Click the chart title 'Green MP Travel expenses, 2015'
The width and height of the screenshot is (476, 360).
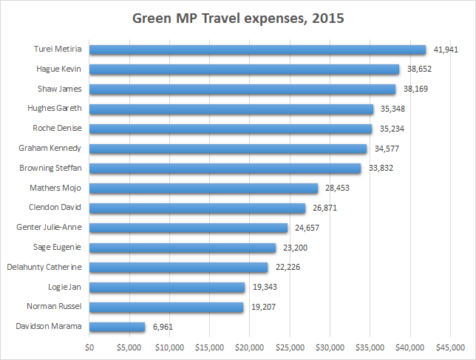(237, 18)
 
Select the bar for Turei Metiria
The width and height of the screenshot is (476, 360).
(258, 50)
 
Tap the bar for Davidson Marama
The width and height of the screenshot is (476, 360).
(118, 326)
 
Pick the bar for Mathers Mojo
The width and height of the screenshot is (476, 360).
(203, 188)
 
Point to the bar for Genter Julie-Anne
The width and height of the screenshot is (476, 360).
(188, 228)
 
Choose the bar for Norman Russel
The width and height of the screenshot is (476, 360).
(166, 306)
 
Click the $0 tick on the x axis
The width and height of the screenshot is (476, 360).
(90, 346)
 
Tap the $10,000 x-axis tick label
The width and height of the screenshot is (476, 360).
(169, 346)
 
